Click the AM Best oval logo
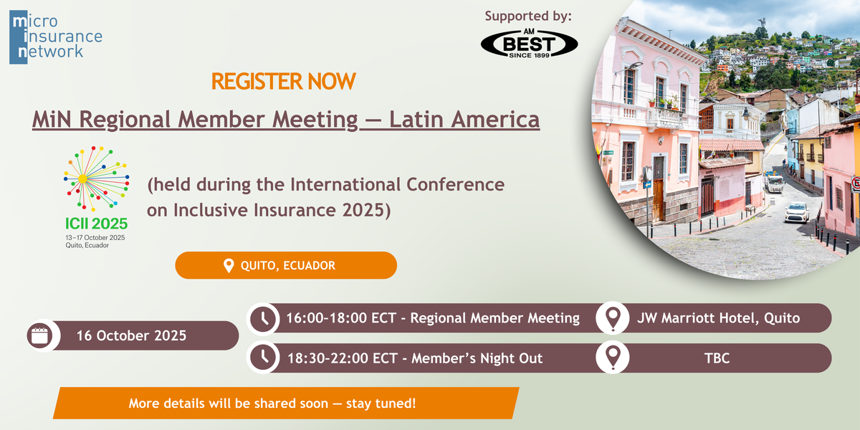(x=529, y=44)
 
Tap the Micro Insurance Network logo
(x=56, y=37)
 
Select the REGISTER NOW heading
(x=283, y=82)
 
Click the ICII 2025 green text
(x=96, y=224)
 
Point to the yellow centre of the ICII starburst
(x=82, y=178)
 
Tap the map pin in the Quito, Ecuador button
(x=229, y=266)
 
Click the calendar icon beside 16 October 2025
(x=40, y=335)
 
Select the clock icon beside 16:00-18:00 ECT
(x=264, y=318)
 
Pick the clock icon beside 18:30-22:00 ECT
(x=264, y=358)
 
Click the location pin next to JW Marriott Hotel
(x=613, y=318)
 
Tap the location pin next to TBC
(x=613, y=358)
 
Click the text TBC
(x=717, y=358)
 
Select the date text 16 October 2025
(x=131, y=336)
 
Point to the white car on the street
(x=797, y=212)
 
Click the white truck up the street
(x=773, y=182)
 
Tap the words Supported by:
(x=528, y=16)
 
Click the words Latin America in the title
(x=464, y=120)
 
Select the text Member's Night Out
(x=477, y=358)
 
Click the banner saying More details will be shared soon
(x=286, y=403)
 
